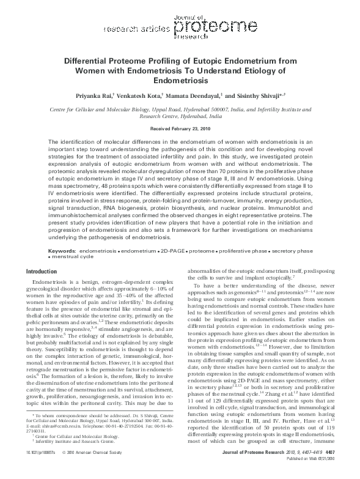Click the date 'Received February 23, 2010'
[180, 130]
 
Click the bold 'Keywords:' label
[62, 251]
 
